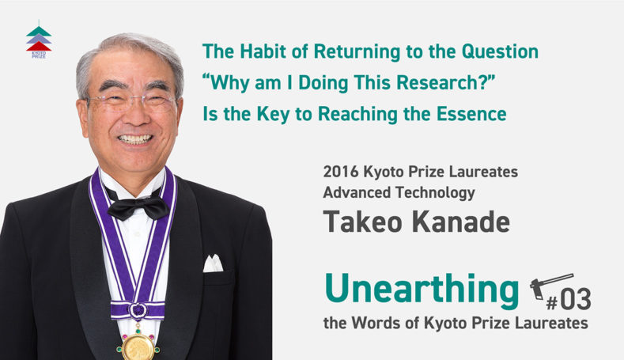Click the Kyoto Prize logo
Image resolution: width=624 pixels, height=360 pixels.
pyautogui.click(x=39, y=40)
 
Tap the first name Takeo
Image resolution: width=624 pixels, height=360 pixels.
pyautogui.click(x=362, y=222)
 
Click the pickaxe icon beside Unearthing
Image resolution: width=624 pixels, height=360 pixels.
pyautogui.click(x=551, y=285)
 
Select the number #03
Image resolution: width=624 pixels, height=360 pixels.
pyautogui.click(x=569, y=300)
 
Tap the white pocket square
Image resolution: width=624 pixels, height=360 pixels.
pyautogui.click(x=213, y=263)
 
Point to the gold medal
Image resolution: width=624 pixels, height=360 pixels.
pyautogui.click(x=138, y=347)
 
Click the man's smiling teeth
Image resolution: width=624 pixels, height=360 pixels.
pyautogui.click(x=135, y=139)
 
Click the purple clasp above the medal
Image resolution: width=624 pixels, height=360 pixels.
pyautogui.click(x=138, y=310)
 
